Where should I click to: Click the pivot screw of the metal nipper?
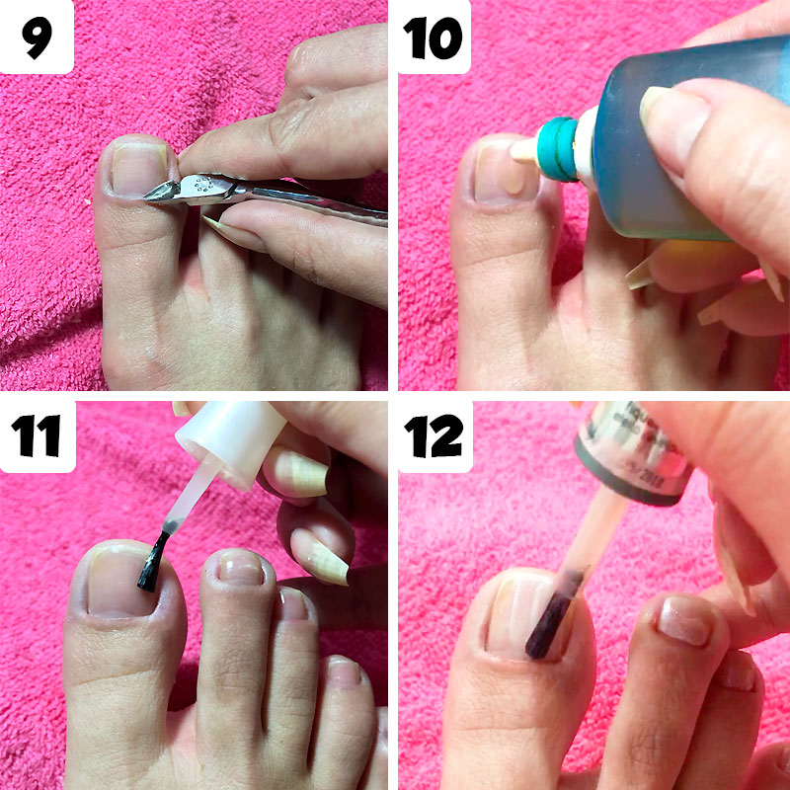tap(205, 185)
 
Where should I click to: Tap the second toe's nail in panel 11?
tap(240, 568)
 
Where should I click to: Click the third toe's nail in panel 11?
tap(293, 602)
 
